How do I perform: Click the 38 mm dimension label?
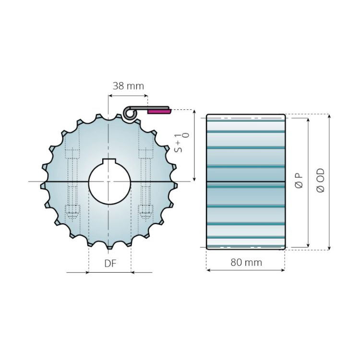tap(128, 86)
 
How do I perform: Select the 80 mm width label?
tap(246, 263)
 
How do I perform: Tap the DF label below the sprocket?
tap(110, 264)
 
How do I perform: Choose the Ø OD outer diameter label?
tap(321, 181)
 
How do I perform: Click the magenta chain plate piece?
tap(159, 111)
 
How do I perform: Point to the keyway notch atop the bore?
tap(109, 160)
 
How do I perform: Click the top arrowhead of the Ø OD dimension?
tap(329, 117)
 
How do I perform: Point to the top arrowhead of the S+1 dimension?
tap(194, 112)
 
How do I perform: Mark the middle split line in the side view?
tap(246, 181)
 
